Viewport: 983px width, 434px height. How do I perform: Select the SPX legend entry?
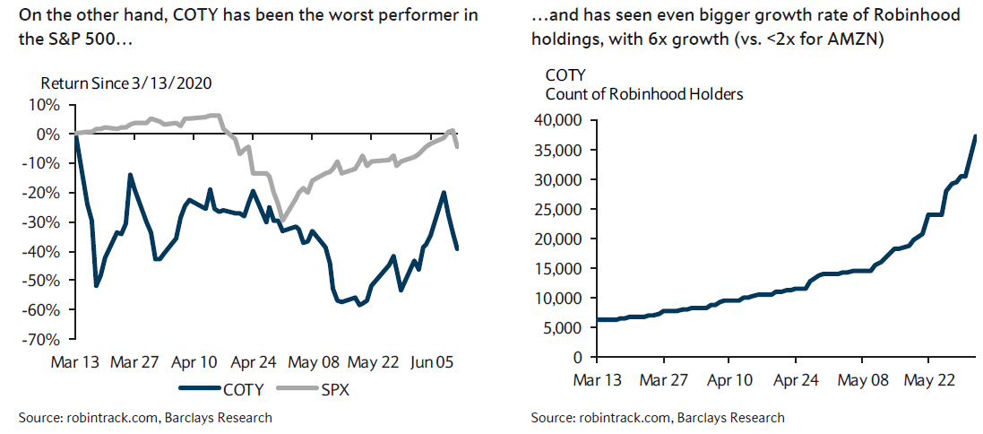[330, 389]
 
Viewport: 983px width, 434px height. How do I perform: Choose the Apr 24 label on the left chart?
[253, 362]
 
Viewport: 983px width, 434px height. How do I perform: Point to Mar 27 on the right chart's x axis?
[666, 379]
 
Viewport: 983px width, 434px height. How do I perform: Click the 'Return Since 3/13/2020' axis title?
[125, 83]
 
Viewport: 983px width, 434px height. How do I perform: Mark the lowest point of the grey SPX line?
[282, 219]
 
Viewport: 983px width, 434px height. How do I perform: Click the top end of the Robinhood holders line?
[975, 135]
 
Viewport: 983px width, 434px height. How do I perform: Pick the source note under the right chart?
[657, 418]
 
